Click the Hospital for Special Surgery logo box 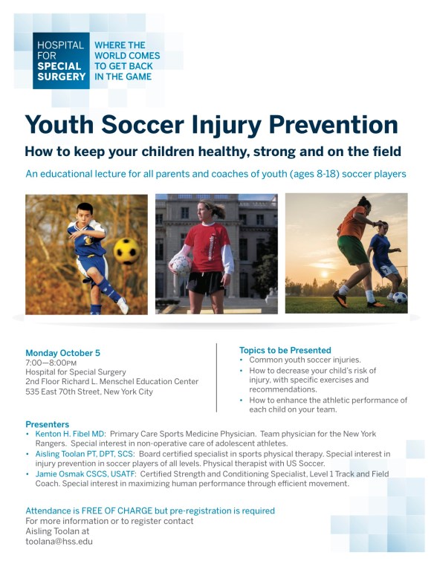(x=61, y=61)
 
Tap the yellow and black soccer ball (x=126, y=251)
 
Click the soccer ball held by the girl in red (x=181, y=265)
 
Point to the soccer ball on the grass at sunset (x=400, y=297)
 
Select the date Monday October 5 (x=62, y=353)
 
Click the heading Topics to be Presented (x=285, y=350)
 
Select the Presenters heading (x=47, y=424)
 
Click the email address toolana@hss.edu (x=59, y=542)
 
